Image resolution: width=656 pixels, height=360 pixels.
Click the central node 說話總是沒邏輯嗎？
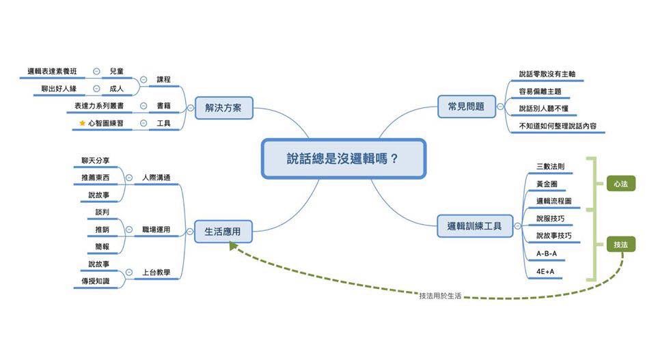(x=343, y=158)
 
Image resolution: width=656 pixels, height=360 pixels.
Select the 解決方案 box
(x=223, y=108)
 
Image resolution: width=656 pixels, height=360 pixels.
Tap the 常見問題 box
(x=466, y=107)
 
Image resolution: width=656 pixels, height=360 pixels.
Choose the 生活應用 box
(x=222, y=232)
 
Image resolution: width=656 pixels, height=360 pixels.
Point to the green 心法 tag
(x=620, y=184)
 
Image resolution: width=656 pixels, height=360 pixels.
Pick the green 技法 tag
(x=620, y=244)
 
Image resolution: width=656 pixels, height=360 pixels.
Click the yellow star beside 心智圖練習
(x=83, y=124)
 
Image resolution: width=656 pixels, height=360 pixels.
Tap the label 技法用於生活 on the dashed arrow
(x=440, y=296)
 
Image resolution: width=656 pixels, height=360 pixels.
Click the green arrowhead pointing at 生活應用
(x=234, y=246)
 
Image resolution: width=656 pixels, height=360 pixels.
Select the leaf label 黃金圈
(x=547, y=184)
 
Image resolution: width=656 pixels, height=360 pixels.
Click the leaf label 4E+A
(x=545, y=271)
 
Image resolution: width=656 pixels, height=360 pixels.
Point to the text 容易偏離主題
(x=540, y=91)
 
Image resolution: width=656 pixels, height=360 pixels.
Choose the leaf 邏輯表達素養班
(x=53, y=71)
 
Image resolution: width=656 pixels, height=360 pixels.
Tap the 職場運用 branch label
(x=156, y=230)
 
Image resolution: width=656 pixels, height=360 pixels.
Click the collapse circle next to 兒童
(x=96, y=71)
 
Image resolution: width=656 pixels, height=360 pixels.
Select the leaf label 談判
(x=102, y=212)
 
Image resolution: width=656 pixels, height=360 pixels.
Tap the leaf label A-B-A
(x=547, y=253)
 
